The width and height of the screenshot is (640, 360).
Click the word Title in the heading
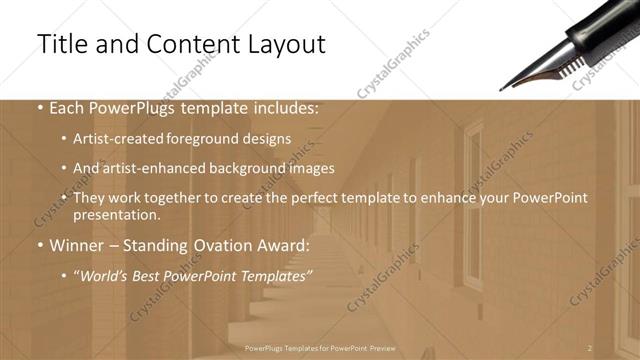tap(63, 45)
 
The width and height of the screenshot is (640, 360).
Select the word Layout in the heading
tap(280, 45)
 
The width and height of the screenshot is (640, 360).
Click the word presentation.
tap(116, 215)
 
